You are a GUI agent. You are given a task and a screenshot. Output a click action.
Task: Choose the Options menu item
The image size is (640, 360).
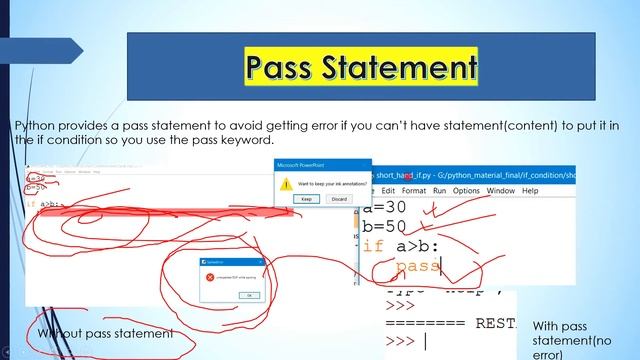tap(466, 190)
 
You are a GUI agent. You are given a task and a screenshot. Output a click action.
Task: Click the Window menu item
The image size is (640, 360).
tap(500, 190)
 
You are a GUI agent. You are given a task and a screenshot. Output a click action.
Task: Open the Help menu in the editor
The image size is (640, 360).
tap(531, 190)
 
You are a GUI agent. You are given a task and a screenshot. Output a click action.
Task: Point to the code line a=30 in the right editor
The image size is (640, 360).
tap(385, 209)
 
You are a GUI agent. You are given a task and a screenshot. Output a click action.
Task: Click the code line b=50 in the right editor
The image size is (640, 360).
tap(385, 228)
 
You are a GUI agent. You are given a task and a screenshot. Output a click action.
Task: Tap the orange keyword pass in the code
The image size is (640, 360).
tap(417, 266)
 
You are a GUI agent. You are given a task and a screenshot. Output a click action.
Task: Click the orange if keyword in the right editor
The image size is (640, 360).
tap(372, 246)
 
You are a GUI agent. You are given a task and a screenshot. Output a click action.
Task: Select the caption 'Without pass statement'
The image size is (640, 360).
tap(104, 332)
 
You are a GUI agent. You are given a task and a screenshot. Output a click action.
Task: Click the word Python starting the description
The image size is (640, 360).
tap(36, 124)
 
